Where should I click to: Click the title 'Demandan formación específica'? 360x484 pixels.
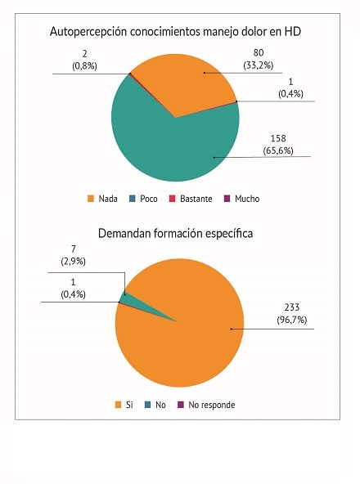point(175,233)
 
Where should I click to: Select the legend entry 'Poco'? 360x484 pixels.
point(146,199)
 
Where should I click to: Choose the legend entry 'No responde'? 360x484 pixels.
point(210,405)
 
